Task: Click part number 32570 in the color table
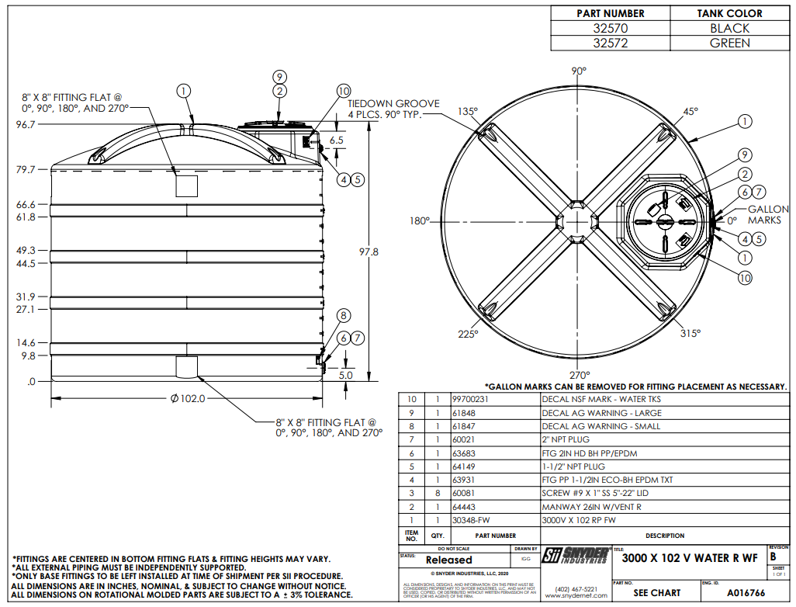pyautogui.click(x=611, y=28)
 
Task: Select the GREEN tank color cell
pyautogui.click(x=729, y=43)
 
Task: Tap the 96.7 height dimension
pyautogui.click(x=26, y=124)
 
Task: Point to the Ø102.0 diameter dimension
pyautogui.click(x=188, y=399)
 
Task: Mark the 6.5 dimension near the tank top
pyautogui.click(x=336, y=140)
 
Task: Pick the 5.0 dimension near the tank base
pyautogui.click(x=345, y=375)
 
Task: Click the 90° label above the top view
pyautogui.click(x=579, y=71)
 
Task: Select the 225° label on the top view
pyautogui.click(x=467, y=334)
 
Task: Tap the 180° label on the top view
pyautogui.click(x=419, y=221)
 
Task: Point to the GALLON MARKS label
pyautogui.click(x=767, y=215)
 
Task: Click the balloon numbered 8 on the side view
pyautogui.click(x=344, y=315)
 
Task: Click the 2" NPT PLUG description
pyautogui.click(x=566, y=439)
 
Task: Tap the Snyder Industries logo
pyautogui.click(x=575, y=555)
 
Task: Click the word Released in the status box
pyautogui.click(x=448, y=560)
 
